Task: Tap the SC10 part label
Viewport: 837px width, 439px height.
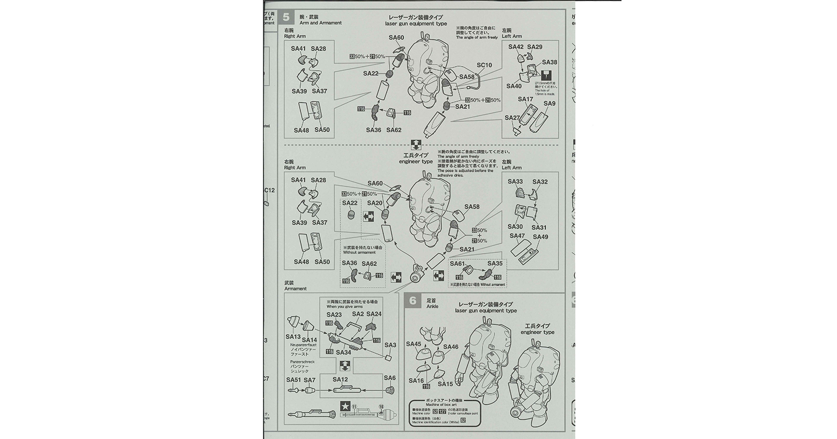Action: pos(484,65)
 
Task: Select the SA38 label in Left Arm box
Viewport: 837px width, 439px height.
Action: pos(549,62)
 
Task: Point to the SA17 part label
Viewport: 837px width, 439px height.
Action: pos(525,99)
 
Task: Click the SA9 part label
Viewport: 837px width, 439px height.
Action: pos(549,103)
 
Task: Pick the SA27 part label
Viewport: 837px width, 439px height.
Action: pos(512,118)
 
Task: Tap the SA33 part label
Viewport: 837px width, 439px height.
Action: pos(515,182)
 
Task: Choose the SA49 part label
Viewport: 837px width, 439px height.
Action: pos(540,237)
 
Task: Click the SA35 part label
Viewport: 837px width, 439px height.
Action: pos(495,263)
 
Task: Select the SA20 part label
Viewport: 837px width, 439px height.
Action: pos(375,203)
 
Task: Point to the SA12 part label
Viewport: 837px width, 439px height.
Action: pos(340,380)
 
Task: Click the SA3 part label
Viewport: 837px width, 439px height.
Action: pos(390,345)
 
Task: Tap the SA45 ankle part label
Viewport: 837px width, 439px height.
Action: pos(414,344)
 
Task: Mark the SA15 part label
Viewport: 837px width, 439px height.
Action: pos(445,384)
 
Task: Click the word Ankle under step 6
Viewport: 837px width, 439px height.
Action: pos(432,306)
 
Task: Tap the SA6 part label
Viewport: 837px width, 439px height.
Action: pos(390,378)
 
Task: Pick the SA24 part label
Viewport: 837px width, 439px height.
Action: pos(374,314)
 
